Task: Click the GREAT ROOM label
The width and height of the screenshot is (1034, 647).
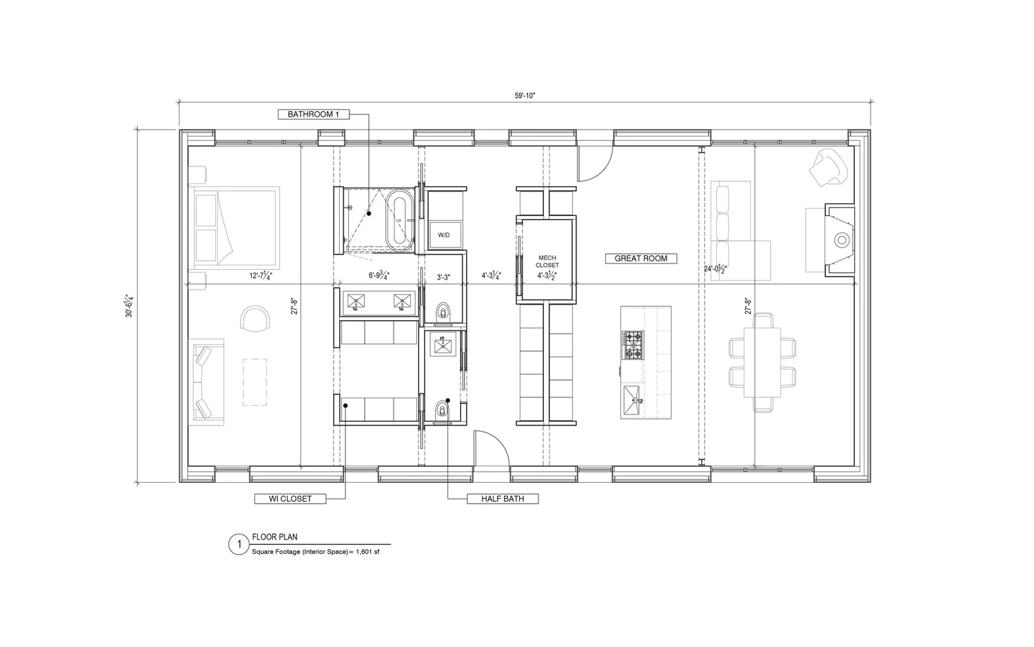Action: click(640, 259)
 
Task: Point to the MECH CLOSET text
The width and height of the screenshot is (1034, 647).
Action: click(547, 261)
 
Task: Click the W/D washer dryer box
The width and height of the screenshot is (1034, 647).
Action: click(443, 235)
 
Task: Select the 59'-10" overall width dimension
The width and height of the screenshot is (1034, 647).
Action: click(525, 96)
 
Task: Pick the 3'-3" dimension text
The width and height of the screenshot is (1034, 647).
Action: click(443, 277)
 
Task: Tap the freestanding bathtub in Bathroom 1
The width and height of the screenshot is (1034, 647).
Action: click(398, 221)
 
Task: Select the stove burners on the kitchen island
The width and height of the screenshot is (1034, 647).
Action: click(633, 345)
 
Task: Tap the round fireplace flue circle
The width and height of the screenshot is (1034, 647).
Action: click(842, 240)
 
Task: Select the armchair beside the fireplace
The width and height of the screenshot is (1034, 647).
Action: click(829, 166)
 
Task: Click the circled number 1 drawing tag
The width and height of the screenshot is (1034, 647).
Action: click(239, 545)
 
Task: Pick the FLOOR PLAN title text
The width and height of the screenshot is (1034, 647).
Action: click(274, 537)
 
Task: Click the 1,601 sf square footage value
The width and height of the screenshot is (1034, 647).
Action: click(367, 553)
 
